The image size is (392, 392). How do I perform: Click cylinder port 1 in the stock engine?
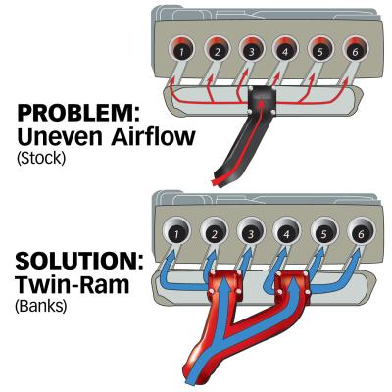[x=181, y=49]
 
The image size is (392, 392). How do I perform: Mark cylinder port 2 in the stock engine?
[x=217, y=49]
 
